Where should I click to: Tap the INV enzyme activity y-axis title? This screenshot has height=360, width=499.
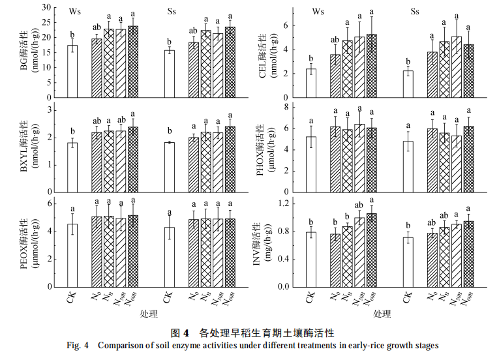(x=269, y=245)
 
